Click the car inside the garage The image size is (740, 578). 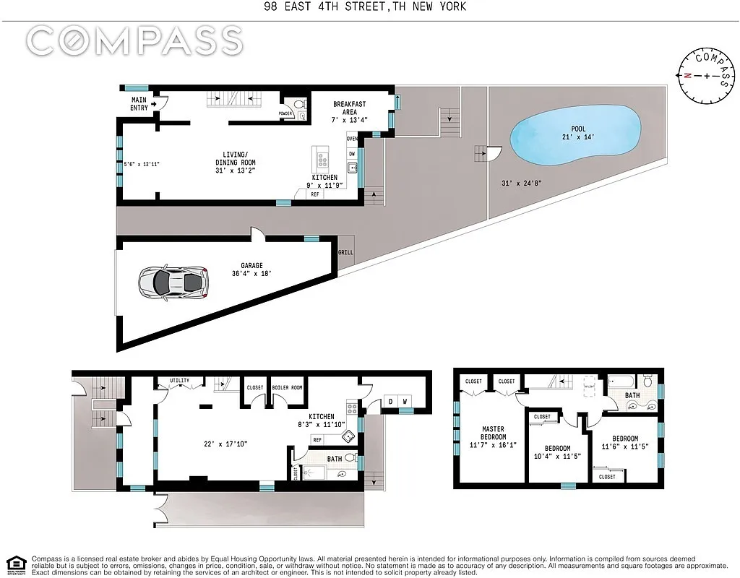[x=173, y=282]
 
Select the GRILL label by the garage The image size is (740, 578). [x=346, y=253]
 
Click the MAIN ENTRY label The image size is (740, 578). [x=139, y=103]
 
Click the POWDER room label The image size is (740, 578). [x=285, y=113]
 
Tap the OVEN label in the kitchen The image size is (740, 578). [x=353, y=139]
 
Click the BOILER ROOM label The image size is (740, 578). [x=287, y=388]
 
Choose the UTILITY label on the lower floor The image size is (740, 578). [x=179, y=380]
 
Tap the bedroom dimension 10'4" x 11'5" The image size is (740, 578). [x=557, y=457]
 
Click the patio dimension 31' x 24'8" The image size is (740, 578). [x=520, y=183]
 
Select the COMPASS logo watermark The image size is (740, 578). [x=134, y=40]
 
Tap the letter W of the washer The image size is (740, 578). [x=405, y=402]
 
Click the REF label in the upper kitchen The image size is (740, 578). [x=315, y=194]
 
